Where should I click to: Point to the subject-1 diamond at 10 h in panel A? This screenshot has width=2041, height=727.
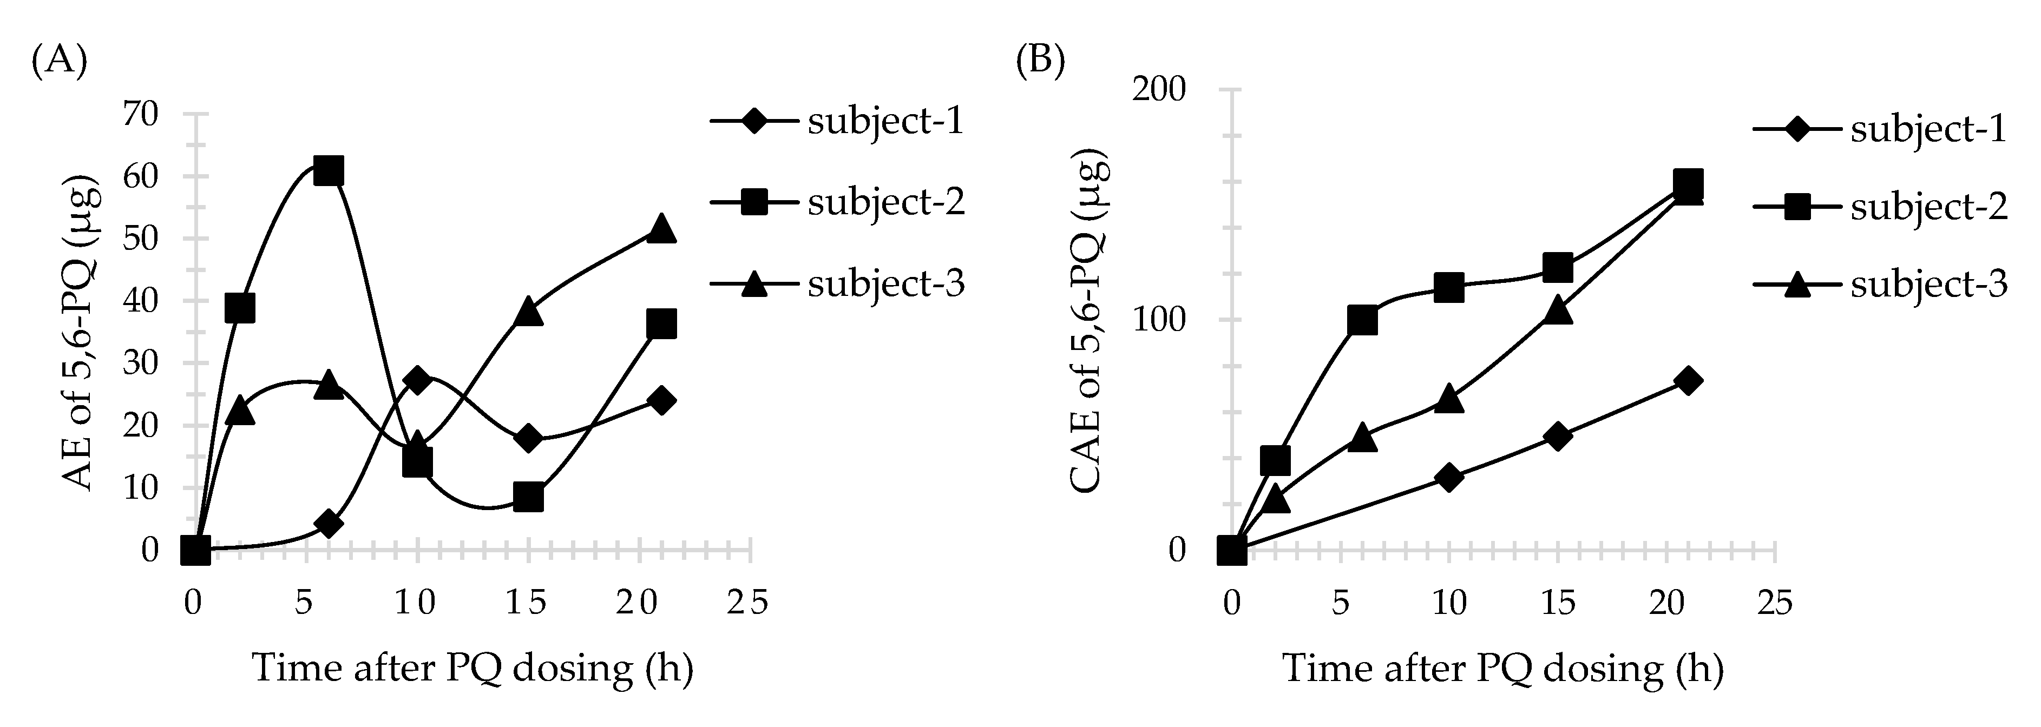pyautogui.click(x=417, y=379)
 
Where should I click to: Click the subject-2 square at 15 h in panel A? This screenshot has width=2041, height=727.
pyautogui.click(x=528, y=497)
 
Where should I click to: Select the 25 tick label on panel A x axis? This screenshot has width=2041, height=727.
pyautogui.click(x=749, y=604)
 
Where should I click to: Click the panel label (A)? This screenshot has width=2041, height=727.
pyautogui.click(x=58, y=60)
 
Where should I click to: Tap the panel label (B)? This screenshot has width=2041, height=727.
pyautogui.click(x=1040, y=60)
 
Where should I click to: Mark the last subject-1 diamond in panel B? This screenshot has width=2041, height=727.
pyautogui.click(x=1688, y=380)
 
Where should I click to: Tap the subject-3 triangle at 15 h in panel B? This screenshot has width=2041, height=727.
pyautogui.click(x=1558, y=309)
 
